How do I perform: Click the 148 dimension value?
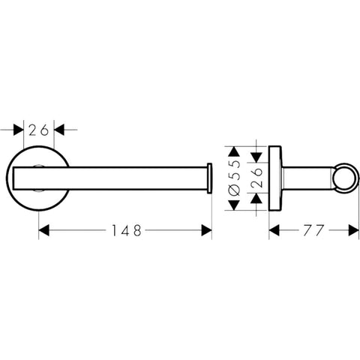tap(126, 230)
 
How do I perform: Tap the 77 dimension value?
tap(314, 230)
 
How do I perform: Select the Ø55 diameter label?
tap(234, 178)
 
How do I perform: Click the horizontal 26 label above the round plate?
tap(38, 130)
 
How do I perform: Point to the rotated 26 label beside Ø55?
tap(256, 178)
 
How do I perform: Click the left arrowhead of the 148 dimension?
tap(44, 230)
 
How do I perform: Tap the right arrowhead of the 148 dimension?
tap(206, 230)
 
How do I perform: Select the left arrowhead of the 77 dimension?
tap(274, 230)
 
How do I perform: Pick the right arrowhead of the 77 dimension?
tap(353, 230)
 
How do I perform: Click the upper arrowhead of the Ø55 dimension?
tap(234, 151)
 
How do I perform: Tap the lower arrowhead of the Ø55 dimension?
tap(234, 205)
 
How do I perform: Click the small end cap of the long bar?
tap(209, 178)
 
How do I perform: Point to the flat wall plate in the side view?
tap(274, 178)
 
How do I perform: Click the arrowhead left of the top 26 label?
tap(19, 130)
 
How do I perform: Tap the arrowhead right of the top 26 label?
tap(59, 130)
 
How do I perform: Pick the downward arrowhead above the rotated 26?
tap(256, 157)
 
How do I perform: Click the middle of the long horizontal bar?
tap(110, 178)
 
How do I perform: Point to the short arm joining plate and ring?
tap(307, 178)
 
